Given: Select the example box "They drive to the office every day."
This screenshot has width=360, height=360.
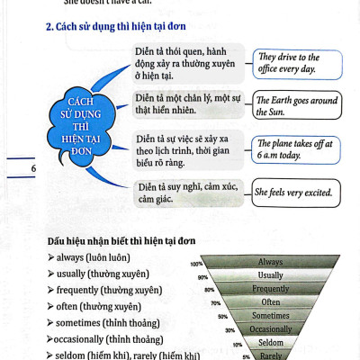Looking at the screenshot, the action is click(290, 63).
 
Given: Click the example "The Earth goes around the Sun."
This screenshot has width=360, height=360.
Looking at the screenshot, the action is click(295, 103).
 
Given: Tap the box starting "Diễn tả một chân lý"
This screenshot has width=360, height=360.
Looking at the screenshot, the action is click(189, 102).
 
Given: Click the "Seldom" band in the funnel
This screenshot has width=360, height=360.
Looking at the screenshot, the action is click(270, 343).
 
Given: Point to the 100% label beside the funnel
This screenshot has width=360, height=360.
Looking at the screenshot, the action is click(196, 264).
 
